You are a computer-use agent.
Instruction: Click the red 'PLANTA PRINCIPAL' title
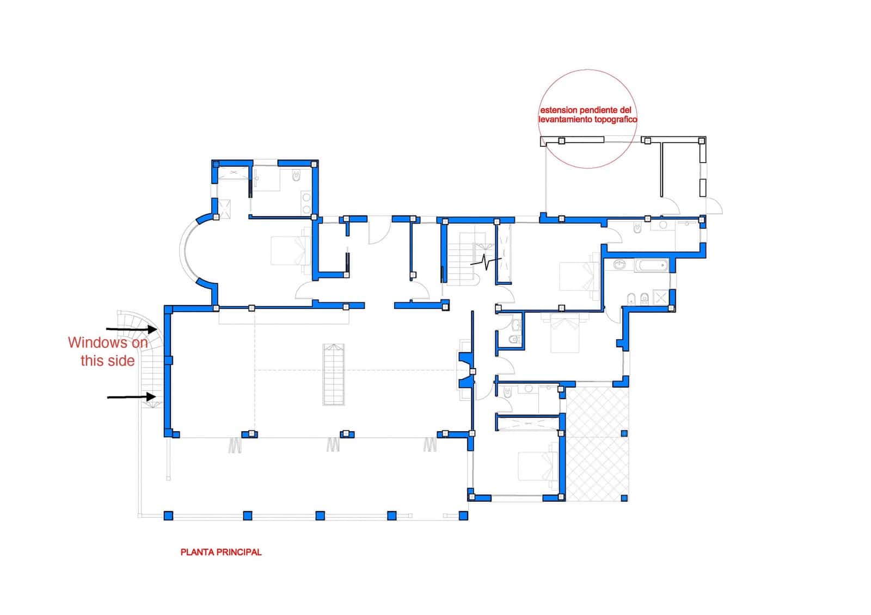(x=220, y=552)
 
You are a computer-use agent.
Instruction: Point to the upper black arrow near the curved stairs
(x=130, y=329)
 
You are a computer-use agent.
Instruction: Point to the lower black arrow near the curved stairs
(x=131, y=397)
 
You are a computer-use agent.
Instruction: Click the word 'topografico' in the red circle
(x=616, y=120)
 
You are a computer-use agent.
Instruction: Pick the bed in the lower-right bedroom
(x=536, y=467)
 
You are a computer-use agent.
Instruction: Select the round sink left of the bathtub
(x=620, y=265)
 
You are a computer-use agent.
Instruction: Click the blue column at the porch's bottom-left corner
(x=168, y=515)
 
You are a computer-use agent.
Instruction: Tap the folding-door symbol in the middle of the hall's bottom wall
(x=333, y=445)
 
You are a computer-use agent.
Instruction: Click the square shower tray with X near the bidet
(x=661, y=297)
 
